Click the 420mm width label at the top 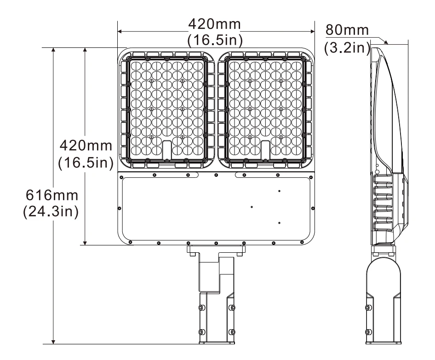(x=215, y=23)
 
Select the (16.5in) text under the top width (x=215, y=40)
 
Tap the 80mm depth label (x=347, y=30)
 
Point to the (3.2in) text (x=347, y=47)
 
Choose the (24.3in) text (x=51, y=212)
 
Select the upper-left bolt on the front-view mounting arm (x=200, y=307)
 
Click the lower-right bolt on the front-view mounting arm (x=231, y=331)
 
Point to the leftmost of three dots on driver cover (x=252, y=207)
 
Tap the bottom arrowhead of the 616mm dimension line (x=54, y=341)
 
